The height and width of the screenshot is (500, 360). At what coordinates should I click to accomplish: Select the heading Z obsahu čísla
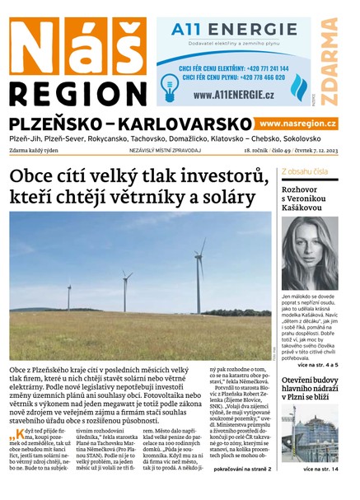[x=305, y=171]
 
